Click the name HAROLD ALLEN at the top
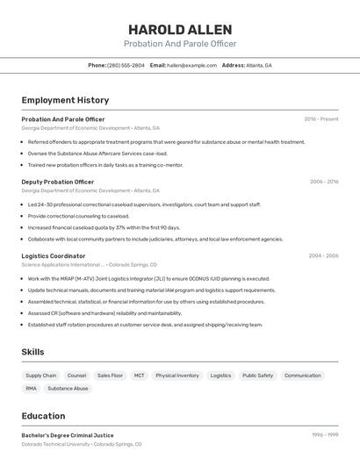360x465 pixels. tap(180, 29)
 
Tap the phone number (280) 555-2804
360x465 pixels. tap(126, 65)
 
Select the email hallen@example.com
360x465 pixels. tap(191, 65)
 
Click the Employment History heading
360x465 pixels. tap(65, 100)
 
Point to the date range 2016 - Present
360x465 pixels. tap(321, 119)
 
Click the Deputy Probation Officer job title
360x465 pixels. tap(57, 182)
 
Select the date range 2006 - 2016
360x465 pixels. tap(324, 182)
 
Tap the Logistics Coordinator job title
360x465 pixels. tap(54, 255)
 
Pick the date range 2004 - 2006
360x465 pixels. tap(323, 255)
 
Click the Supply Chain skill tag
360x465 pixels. tap(41, 376)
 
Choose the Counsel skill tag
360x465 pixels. tap(76, 376)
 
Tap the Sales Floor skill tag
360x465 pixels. tap(110, 376)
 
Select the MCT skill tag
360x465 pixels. tap(139, 376)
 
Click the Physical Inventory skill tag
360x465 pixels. tap(177, 376)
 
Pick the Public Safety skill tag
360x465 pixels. tap(257, 376)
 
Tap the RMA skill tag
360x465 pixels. tap(31, 388)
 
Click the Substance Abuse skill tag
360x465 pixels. tap(68, 388)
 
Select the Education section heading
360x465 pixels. tap(43, 416)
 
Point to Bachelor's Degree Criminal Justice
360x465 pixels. tap(68, 435)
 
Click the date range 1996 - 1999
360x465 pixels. tap(325, 435)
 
